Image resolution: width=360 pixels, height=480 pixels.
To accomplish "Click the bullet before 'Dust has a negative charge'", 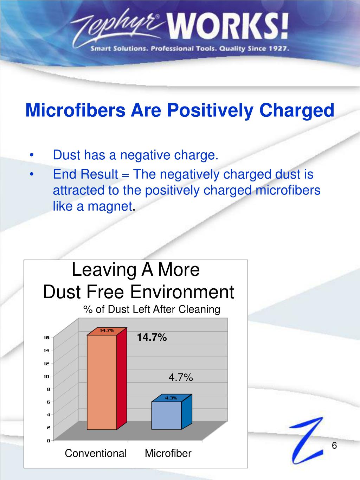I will [32, 155].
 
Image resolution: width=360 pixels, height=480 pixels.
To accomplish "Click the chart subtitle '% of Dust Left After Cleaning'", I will [152, 309].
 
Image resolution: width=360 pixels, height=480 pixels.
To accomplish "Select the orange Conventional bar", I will [102, 382].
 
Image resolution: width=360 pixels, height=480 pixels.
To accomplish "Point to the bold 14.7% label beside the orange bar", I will [152, 338].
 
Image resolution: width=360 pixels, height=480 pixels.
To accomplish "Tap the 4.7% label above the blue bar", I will [181, 378].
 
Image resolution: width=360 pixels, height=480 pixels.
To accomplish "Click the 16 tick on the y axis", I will [46, 338].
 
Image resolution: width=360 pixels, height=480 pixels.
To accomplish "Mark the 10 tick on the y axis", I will [46, 376].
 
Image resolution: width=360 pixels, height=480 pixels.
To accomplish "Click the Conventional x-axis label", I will [96, 454].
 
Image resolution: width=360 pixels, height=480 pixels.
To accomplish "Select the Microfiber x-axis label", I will [168, 454].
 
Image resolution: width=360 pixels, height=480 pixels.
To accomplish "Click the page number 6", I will [334, 446].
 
